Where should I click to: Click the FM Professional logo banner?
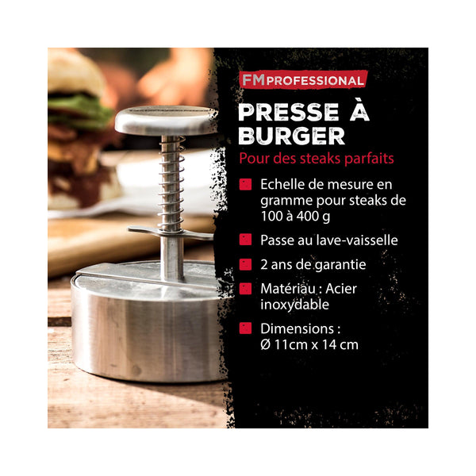tap(303, 80)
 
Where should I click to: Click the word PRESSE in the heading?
tap(289, 113)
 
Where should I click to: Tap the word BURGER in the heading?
tap(291, 136)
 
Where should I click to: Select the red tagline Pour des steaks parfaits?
tap(317, 159)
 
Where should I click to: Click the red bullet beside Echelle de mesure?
tap(245, 184)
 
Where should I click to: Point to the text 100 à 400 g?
tap(295, 217)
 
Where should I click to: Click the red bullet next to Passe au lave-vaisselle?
tap(245, 240)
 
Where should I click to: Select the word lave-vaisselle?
tap(357, 240)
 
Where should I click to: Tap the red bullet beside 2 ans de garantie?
tap(245, 264)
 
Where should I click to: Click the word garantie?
tap(340, 265)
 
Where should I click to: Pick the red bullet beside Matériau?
tap(245, 289)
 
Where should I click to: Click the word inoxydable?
tap(295, 305)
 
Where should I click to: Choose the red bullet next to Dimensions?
tap(245, 328)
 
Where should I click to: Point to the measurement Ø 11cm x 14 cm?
tap(309, 345)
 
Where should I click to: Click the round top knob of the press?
tap(166, 120)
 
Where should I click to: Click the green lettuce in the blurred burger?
tap(79, 110)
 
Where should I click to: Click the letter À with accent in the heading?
tap(359, 110)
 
